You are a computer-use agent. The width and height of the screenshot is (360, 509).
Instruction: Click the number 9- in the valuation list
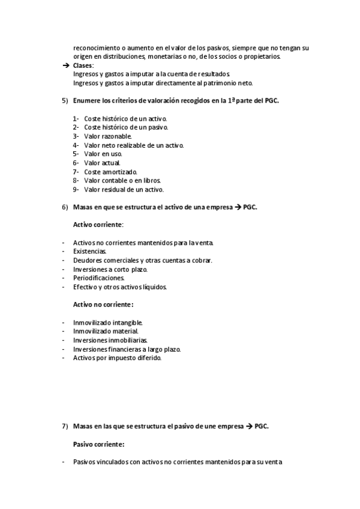(76, 190)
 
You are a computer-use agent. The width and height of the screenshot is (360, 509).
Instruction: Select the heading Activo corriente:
(98, 224)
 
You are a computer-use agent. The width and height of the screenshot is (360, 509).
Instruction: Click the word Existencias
(90, 251)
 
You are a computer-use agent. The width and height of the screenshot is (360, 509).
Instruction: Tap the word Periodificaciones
(99, 278)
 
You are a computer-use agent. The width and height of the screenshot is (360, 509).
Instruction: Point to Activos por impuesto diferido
(117, 358)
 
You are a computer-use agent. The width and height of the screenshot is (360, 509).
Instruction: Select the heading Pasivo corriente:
(99, 444)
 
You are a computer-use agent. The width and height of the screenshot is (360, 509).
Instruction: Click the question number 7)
(65, 426)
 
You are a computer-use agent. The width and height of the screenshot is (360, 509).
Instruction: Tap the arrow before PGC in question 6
(238, 207)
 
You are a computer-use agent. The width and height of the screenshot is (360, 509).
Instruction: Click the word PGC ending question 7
(261, 426)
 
